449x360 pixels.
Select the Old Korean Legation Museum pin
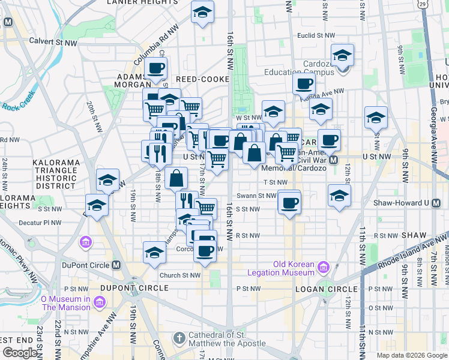324,266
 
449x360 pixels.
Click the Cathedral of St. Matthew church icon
178,339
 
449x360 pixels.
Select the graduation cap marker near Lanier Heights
202,12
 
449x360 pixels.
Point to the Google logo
20,353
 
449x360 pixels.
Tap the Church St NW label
179,275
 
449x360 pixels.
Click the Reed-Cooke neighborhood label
203,79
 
